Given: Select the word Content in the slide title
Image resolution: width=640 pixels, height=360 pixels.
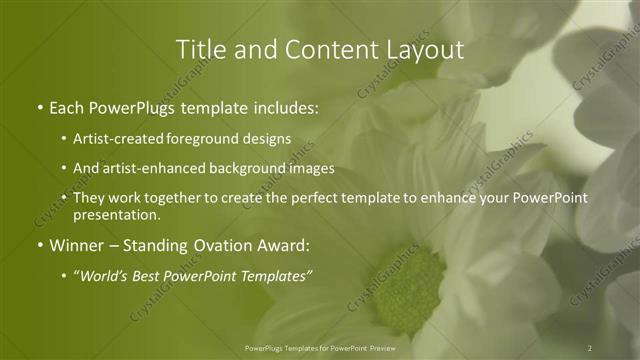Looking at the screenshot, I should (x=317, y=49).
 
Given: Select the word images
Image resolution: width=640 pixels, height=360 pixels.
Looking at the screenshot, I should (x=313, y=169).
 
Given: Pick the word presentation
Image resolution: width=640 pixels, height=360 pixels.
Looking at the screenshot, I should (x=117, y=214).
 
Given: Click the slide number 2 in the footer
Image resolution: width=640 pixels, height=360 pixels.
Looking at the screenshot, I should (x=590, y=347).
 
